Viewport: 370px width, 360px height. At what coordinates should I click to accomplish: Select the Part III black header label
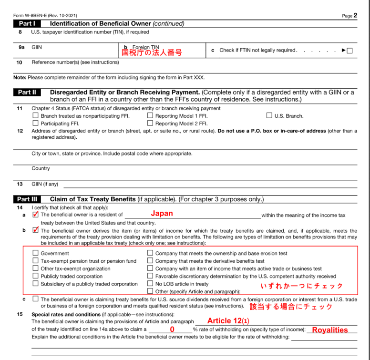(28, 199)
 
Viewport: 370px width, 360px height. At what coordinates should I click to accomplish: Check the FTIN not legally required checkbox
(349, 51)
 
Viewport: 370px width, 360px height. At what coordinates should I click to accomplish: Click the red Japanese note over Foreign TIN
(152, 52)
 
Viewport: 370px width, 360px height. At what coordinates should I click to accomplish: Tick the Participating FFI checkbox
(36, 123)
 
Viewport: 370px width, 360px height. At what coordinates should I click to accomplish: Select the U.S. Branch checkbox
(269, 116)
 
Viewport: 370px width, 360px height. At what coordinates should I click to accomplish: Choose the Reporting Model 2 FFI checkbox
(150, 123)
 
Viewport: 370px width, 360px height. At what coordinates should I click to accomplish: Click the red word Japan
(162, 214)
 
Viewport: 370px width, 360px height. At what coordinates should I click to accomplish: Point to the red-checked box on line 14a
(36, 215)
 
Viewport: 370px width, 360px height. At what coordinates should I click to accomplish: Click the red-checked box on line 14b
(36, 230)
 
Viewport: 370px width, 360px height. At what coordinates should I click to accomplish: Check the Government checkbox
(36, 253)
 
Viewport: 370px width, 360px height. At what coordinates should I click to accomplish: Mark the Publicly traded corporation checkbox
(36, 276)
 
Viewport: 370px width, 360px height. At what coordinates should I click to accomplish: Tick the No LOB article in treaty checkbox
(150, 284)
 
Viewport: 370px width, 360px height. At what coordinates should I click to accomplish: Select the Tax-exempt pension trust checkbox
(36, 261)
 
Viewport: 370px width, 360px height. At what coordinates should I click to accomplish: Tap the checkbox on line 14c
(36, 299)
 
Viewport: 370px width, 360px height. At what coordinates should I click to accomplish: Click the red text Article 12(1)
(228, 321)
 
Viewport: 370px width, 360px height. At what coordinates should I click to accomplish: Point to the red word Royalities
(330, 330)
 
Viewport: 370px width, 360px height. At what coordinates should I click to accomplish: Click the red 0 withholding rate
(172, 329)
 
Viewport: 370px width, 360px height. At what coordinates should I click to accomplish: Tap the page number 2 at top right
(355, 15)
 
